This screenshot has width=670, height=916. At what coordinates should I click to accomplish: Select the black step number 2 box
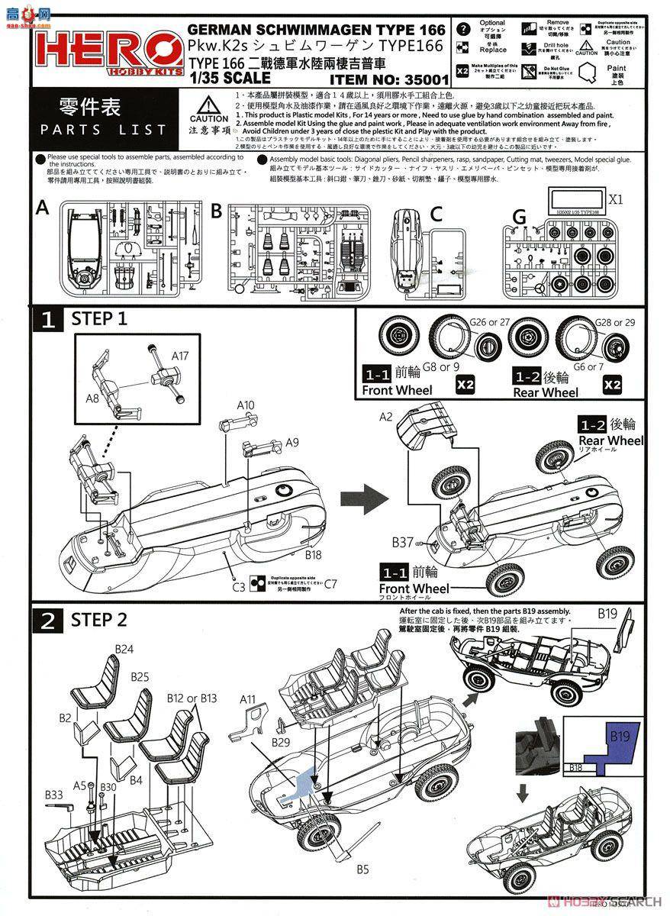tap(47, 620)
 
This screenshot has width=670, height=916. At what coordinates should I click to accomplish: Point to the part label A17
tap(181, 355)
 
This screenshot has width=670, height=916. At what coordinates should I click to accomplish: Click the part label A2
tap(385, 416)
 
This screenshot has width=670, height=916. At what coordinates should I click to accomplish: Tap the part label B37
tap(402, 542)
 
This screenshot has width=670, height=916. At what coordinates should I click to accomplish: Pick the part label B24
tap(124, 649)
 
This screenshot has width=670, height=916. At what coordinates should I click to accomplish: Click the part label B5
tap(362, 869)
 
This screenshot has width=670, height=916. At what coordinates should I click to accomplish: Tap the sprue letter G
tap(519, 218)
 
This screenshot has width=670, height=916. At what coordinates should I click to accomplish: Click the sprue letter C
tap(436, 214)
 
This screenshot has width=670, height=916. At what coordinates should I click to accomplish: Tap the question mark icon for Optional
tap(462, 29)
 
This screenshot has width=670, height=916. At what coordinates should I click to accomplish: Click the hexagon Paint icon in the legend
tap(588, 74)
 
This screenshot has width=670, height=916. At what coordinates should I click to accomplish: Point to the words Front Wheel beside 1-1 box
tap(397, 390)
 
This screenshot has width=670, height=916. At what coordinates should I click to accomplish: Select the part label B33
tap(53, 795)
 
